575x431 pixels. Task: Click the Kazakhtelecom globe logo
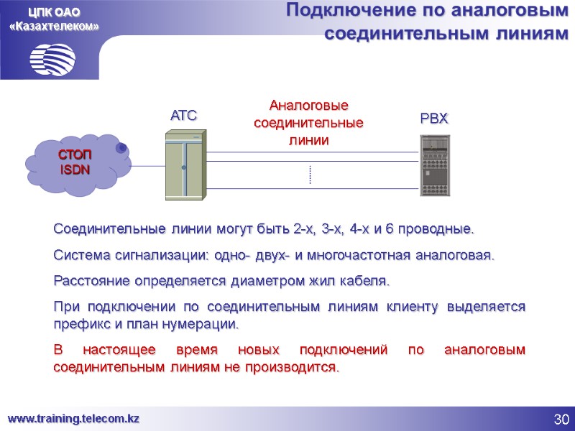pos(53,57)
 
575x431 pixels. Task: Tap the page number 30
pos(561,419)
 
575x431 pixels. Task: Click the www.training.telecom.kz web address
pos(73,418)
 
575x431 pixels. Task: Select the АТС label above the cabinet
pos(183,115)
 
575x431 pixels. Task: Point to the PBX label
pos(434,119)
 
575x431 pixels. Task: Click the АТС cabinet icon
pos(185,164)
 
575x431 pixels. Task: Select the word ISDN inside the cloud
pos(75,170)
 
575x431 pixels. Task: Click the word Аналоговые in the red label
pos(308,107)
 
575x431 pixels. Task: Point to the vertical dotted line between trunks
pos(310,175)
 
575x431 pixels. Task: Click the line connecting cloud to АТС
pos(147,166)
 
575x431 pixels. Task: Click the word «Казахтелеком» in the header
pos(54,26)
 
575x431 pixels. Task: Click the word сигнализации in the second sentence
pos(150,255)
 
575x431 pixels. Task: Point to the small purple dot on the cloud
pos(121,147)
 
